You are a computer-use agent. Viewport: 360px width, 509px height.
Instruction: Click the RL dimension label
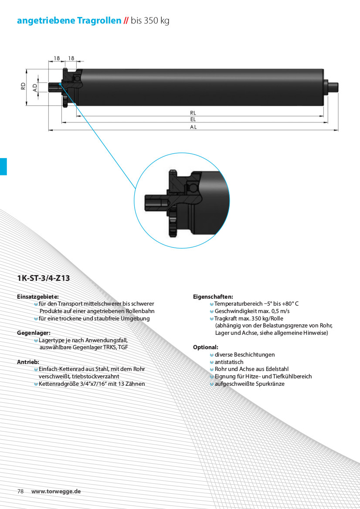(194, 113)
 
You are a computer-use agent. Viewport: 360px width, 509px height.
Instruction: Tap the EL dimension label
(194, 119)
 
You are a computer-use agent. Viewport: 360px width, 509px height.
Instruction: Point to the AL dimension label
(194, 127)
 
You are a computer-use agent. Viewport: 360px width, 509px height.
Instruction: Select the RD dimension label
(23, 86)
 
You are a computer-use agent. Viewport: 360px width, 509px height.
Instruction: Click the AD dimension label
(35, 88)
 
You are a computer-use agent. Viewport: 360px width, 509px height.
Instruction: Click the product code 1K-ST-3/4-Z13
(44, 278)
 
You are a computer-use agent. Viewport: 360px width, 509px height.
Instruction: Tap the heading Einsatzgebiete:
(38, 297)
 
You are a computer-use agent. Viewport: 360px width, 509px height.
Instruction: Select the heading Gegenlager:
(34, 333)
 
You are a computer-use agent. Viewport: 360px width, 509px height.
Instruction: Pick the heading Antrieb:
(28, 362)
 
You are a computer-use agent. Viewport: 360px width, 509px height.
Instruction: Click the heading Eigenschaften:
(213, 297)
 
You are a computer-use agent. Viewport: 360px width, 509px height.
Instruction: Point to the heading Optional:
(206, 347)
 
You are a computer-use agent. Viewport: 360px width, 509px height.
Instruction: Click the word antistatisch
(229, 362)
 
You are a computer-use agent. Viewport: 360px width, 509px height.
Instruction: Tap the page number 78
(20, 491)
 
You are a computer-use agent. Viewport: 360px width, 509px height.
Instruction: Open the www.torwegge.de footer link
(56, 492)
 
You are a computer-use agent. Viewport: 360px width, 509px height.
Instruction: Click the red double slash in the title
(126, 21)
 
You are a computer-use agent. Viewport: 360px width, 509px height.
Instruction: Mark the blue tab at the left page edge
(3, 166)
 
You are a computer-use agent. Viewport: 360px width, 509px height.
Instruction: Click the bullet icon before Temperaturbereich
(212, 304)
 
